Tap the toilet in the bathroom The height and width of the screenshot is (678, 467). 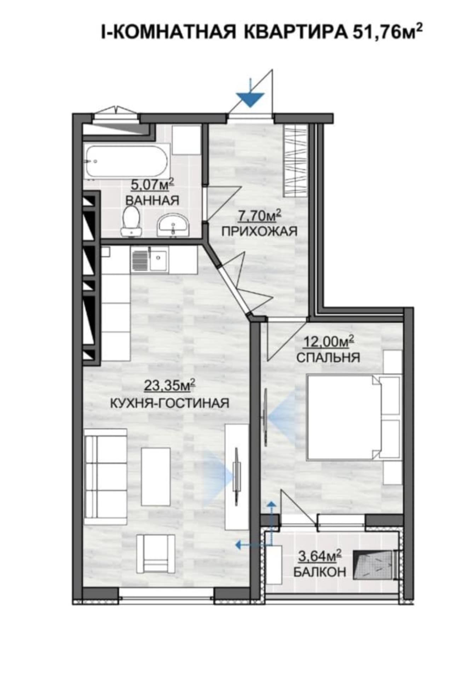pos(131,221)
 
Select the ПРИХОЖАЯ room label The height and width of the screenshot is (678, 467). pos(259,231)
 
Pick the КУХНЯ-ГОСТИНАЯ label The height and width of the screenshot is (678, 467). pos(170,403)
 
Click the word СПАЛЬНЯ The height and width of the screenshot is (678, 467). pos(328,357)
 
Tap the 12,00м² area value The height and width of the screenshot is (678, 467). pos(329,341)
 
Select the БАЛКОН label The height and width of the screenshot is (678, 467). pos(320,572)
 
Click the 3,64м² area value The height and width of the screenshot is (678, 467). pos(320,556)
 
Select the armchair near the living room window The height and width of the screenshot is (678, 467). pos(156,554)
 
